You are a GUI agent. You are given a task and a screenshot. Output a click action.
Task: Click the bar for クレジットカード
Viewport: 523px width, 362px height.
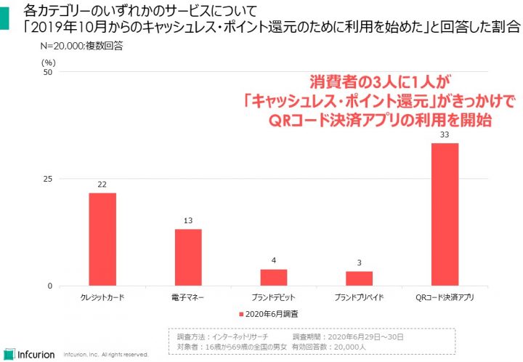pos(102,239)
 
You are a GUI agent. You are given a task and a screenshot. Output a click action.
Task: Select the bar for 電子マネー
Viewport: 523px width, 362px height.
pos(188,257)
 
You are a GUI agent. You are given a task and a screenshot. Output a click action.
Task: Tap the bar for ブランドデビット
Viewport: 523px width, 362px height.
pos(274,278)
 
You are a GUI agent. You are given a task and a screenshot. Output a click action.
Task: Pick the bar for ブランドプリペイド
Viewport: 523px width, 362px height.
pos(359,278)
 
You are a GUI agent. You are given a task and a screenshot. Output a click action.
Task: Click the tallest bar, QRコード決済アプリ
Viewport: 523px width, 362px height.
pos(445,214)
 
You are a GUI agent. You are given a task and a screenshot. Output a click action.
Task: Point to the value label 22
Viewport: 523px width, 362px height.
pos(102,185)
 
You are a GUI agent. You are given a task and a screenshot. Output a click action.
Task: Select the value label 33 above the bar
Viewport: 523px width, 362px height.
pos(445,135)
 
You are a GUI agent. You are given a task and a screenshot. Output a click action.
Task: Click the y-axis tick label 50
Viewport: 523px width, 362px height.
pos(48,72)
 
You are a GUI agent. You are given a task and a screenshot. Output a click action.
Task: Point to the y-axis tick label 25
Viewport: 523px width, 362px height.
pos(48,179)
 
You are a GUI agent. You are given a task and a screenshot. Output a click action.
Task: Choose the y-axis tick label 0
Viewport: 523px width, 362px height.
pos(50,286)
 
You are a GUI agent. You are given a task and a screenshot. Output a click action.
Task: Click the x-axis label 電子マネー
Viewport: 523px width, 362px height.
pos(188,298)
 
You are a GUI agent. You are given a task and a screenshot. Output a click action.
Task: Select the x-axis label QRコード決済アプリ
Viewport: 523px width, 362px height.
pos(445,298)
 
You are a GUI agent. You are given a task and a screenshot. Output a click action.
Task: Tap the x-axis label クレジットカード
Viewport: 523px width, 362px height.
pos(102,298)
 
